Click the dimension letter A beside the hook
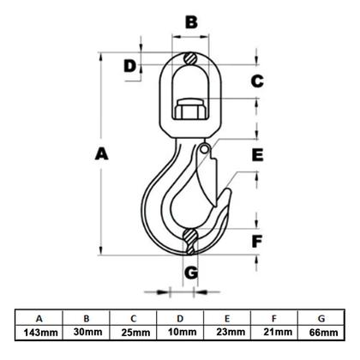[x=102, y=153]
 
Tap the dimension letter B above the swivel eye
[x=191, y=22]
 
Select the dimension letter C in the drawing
[x=257, y=81]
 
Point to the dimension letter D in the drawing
[x=130, y=66]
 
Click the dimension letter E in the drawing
[x=257, y=155]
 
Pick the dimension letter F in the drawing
[x=257, y=242]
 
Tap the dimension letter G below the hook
[x=191, y=273]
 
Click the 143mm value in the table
[x=40, y=333]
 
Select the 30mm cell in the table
[x=87, y=332]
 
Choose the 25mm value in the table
[x=135, y=333]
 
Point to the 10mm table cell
[x=182, y=332]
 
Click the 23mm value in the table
[x=231, y=332]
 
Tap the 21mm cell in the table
[x=278, y=332]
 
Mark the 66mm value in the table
[x=323, y=333]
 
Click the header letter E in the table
[x=227, y=318]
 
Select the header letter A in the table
[x=39, y=318]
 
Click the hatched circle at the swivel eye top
[x=190, y=59]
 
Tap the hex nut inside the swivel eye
[x=190, y=109]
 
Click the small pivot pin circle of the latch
[x=204, y=148]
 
